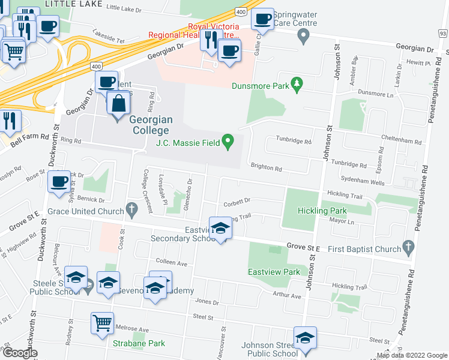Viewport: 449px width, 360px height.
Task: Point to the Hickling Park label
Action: [322, 211]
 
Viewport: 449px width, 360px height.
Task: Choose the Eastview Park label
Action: [274, 272]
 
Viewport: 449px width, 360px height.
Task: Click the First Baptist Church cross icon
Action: [408, 246]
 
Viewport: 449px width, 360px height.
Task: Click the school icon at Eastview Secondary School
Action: [220, 227]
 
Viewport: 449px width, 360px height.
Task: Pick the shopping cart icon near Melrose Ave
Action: [102, 323]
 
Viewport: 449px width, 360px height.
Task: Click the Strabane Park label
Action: [139, 344]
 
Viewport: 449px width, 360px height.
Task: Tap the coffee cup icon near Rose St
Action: [59, 181]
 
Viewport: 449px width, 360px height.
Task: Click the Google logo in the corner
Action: [19, 353]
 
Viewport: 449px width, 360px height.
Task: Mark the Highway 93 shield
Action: [443, 34]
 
